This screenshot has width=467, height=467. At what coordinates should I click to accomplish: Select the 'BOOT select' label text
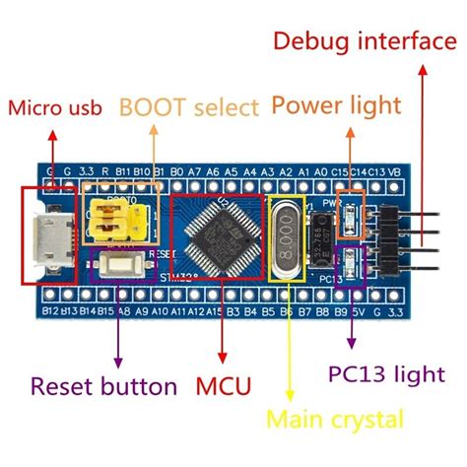[x=189, y=106]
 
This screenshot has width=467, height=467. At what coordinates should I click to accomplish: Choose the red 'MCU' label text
[x=224, y=383]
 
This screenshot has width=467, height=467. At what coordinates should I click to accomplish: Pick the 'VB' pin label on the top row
[x=394, y=171]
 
